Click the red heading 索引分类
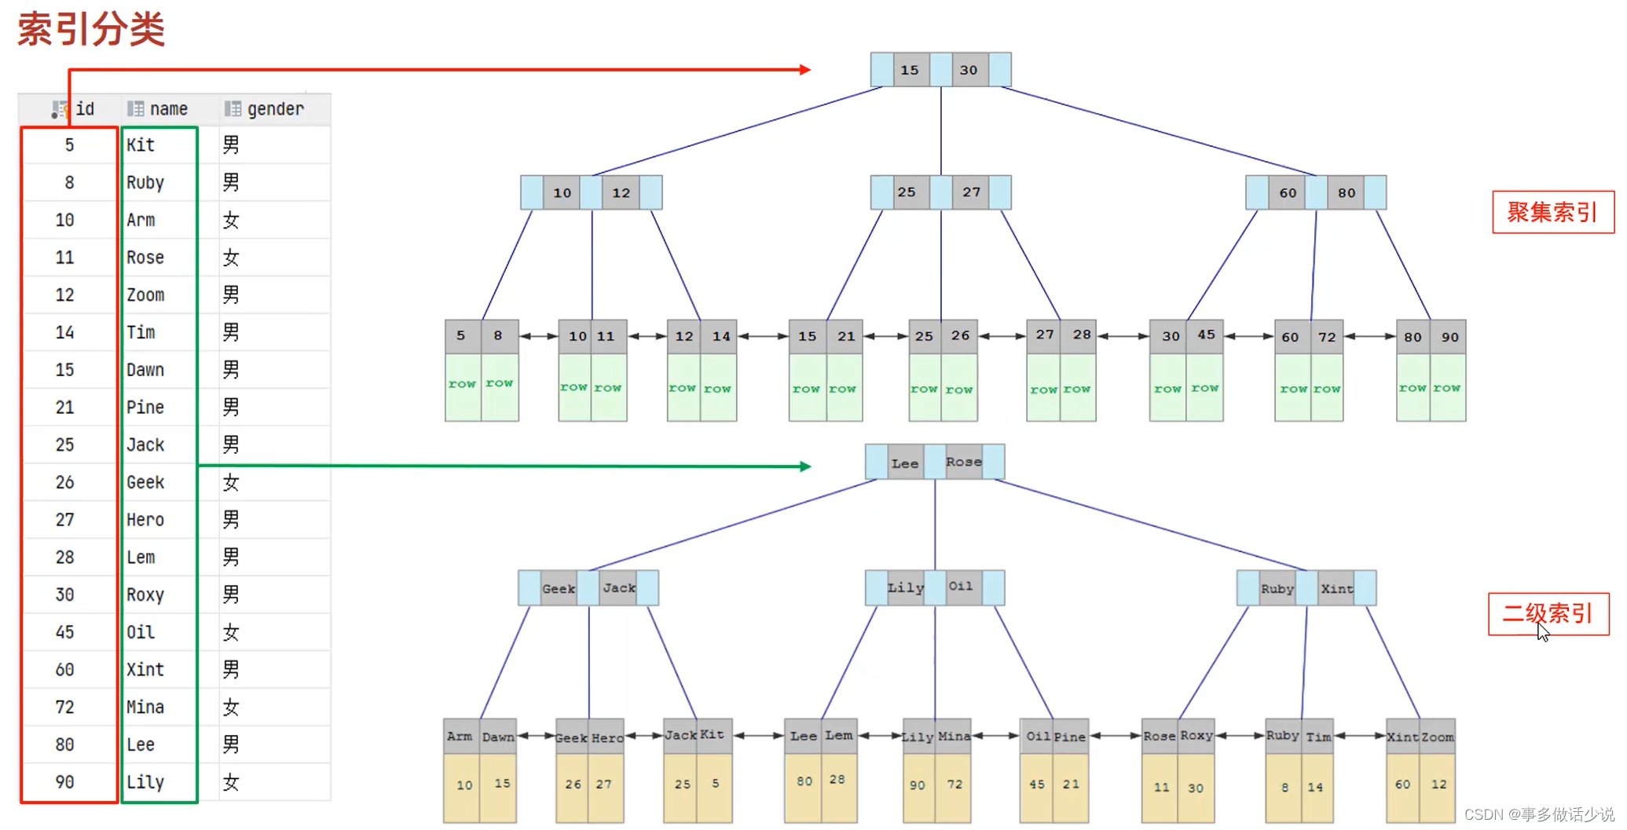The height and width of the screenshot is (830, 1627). (x=91, y=30)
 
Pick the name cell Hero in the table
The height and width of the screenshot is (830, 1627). (x=145, y=520)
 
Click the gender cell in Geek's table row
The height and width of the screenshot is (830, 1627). (x=230, y=482)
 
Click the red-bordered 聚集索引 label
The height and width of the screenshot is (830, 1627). (x=1552, y=212)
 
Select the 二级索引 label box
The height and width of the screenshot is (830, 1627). (x=1548, y=613)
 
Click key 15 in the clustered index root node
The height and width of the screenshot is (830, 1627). (x=910, y=70)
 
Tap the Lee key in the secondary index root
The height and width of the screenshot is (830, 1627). (x=905, y=463)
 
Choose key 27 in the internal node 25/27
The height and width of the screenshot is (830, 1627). (x=972, y=192)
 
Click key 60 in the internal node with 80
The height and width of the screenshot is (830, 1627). (x=1288, y=192)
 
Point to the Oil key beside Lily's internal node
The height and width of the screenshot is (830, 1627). (x=960, y=587)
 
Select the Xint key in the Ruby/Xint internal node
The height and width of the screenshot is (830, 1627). (x=1336, y=588)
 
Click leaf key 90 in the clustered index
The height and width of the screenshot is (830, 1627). (x=1449, y=337)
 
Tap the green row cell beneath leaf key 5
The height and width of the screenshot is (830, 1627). (x=462, y=385)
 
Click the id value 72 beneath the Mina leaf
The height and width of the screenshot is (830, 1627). (x=955, y=784)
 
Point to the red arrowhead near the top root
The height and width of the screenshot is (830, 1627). (x=805, y=70)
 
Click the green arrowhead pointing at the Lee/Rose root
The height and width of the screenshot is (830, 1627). (x=805, y=466)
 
